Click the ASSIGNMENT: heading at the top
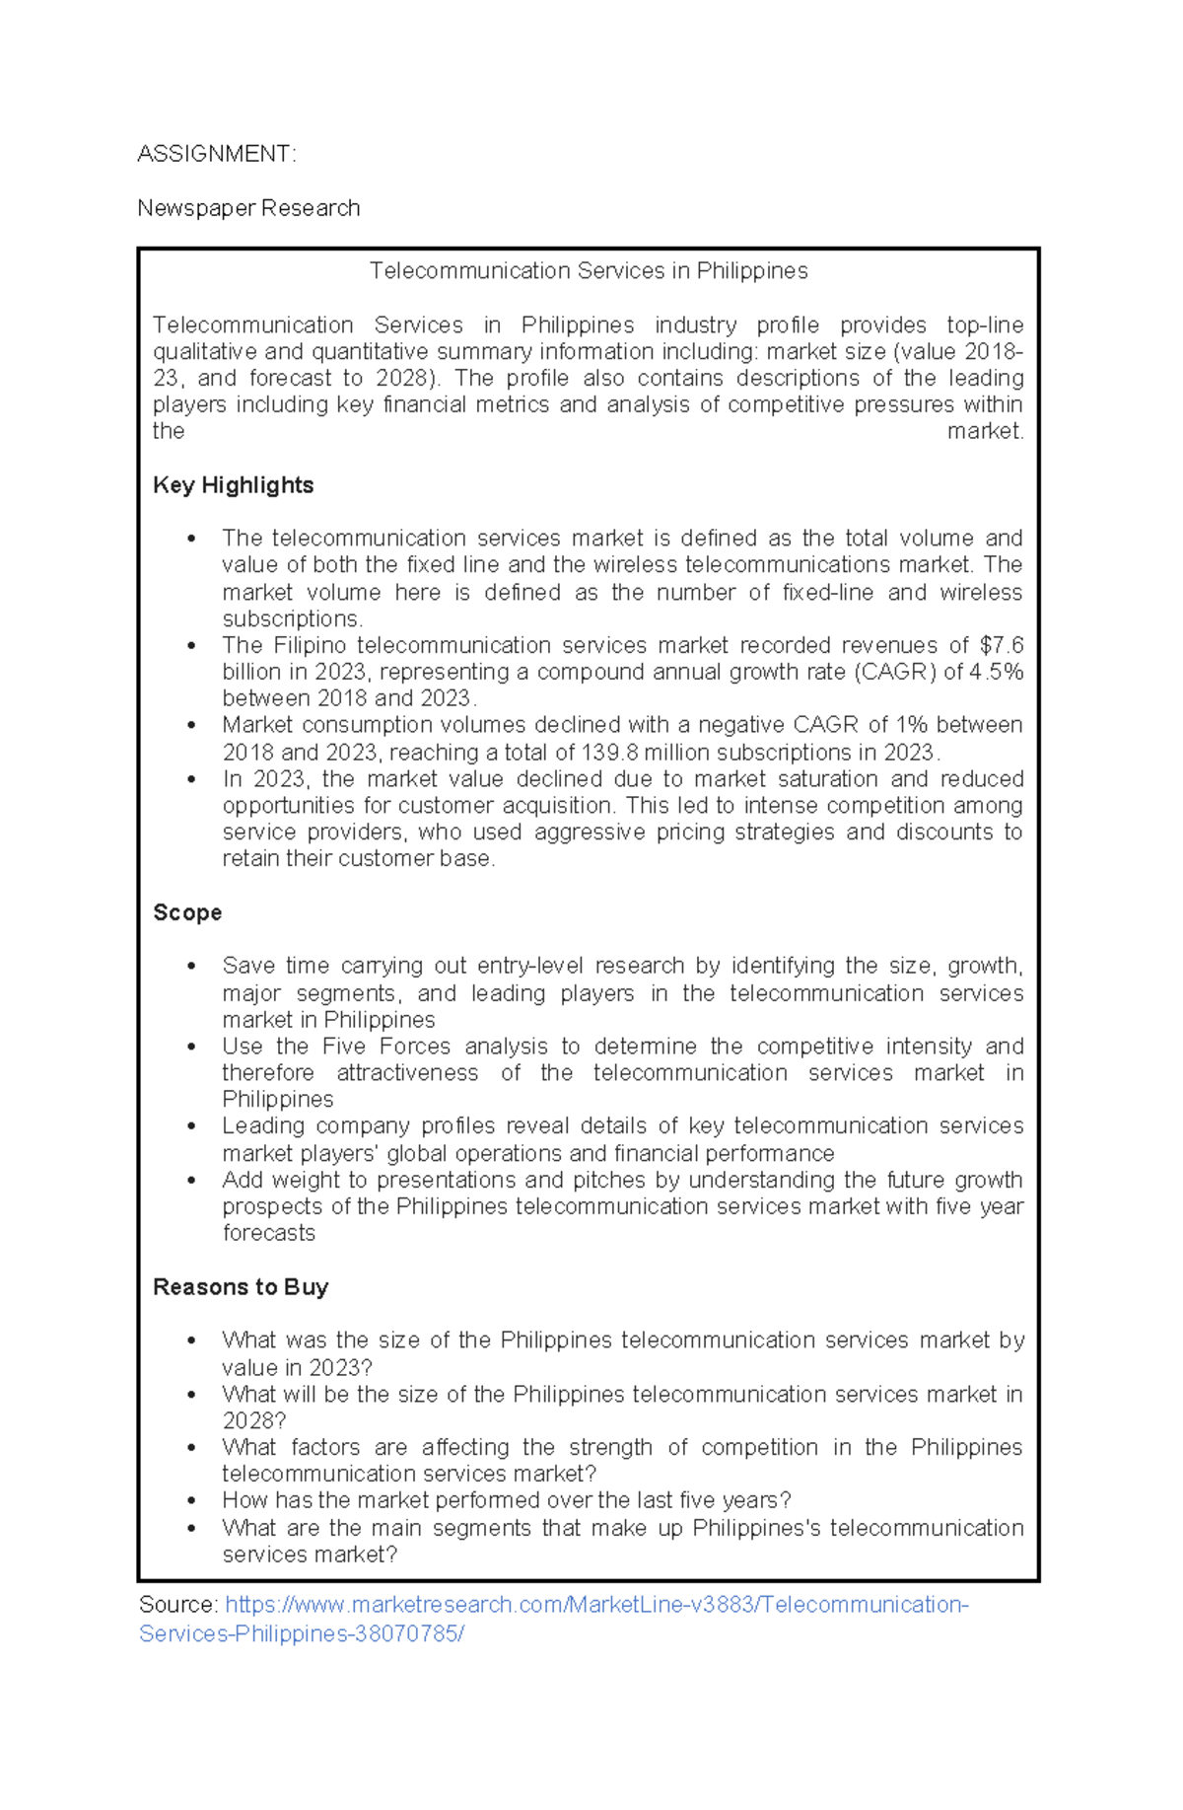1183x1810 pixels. [x=216, y=154]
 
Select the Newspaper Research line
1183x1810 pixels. [x=248, y=208]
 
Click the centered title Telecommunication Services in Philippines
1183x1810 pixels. [x=589, y=271]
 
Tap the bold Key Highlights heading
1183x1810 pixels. [x=233, y=485]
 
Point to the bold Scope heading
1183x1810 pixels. [x=187, y=912]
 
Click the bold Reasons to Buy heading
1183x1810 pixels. [x=241, y=1287]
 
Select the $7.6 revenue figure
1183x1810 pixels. [x=1002, y=645]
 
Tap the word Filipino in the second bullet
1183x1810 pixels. [x=310, y=645]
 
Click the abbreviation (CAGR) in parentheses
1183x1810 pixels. [x=895, y=672]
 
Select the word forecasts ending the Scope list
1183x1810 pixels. [x=268, y=1233]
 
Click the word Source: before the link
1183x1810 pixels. [x=178, y=1605]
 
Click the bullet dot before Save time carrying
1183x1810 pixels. [x=191, y=966]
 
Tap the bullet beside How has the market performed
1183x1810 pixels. [x=191, y=1500]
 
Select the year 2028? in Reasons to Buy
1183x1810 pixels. [x=253, y=1420]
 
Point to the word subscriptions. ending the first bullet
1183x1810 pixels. [x=292, y=618]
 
